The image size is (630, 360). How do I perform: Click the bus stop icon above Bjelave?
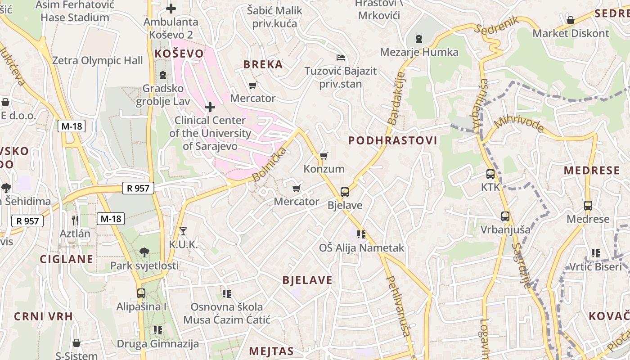point(344,192)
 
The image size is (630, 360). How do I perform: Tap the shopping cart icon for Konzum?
point(324,156)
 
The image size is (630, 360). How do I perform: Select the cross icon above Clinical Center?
point(210,107)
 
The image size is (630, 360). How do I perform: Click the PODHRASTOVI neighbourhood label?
point(392,140)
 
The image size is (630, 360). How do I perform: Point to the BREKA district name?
point(263,64)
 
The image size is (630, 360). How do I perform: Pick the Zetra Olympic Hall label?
point(97,61)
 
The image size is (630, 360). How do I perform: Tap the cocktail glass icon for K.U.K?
point(183,231)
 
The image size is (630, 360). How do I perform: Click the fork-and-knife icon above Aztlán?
point(75,220)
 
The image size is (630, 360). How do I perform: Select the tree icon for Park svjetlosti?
point(144,252)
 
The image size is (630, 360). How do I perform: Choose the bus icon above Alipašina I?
point(141,293)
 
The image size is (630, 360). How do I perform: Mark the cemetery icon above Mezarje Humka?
point(419,39)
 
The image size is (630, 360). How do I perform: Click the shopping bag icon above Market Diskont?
point(571,20)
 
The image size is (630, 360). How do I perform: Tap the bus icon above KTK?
point(490,174)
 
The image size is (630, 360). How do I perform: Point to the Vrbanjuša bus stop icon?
point(505,216)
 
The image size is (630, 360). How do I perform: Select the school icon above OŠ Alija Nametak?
point(361,234)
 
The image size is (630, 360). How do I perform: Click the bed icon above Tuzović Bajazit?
point(341,58)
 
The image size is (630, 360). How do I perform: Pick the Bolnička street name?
point(269,164)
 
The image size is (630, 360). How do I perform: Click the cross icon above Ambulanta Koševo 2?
point(171,8)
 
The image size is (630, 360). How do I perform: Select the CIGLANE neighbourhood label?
point(67,259)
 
